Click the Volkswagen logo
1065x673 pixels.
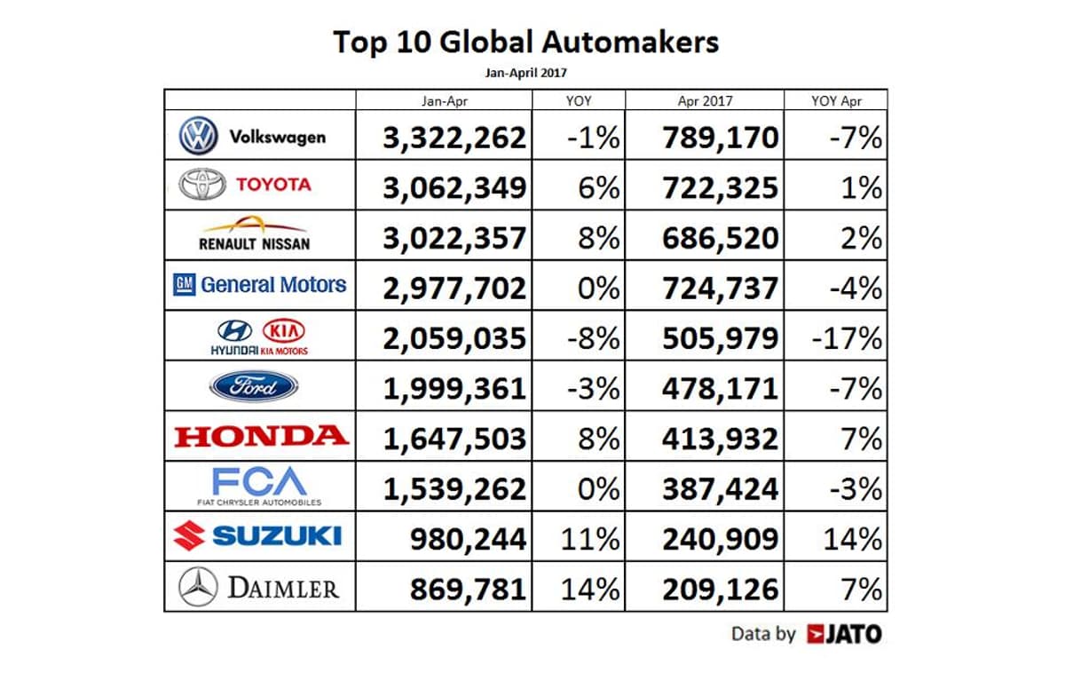tap(198, 137)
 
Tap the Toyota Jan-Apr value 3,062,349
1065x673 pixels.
tap(454, 187)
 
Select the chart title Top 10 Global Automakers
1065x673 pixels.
tap(526, 42)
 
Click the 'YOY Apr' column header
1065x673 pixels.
tap(836, 100)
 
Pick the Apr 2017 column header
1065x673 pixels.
tap(705, 100)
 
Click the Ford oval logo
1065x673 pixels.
tap(254, 386)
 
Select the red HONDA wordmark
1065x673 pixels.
tap(260, 436)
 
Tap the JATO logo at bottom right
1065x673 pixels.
tap(845, 634)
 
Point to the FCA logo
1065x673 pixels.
tap(259, 485)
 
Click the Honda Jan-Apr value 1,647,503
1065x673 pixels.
tap(454, 438)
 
